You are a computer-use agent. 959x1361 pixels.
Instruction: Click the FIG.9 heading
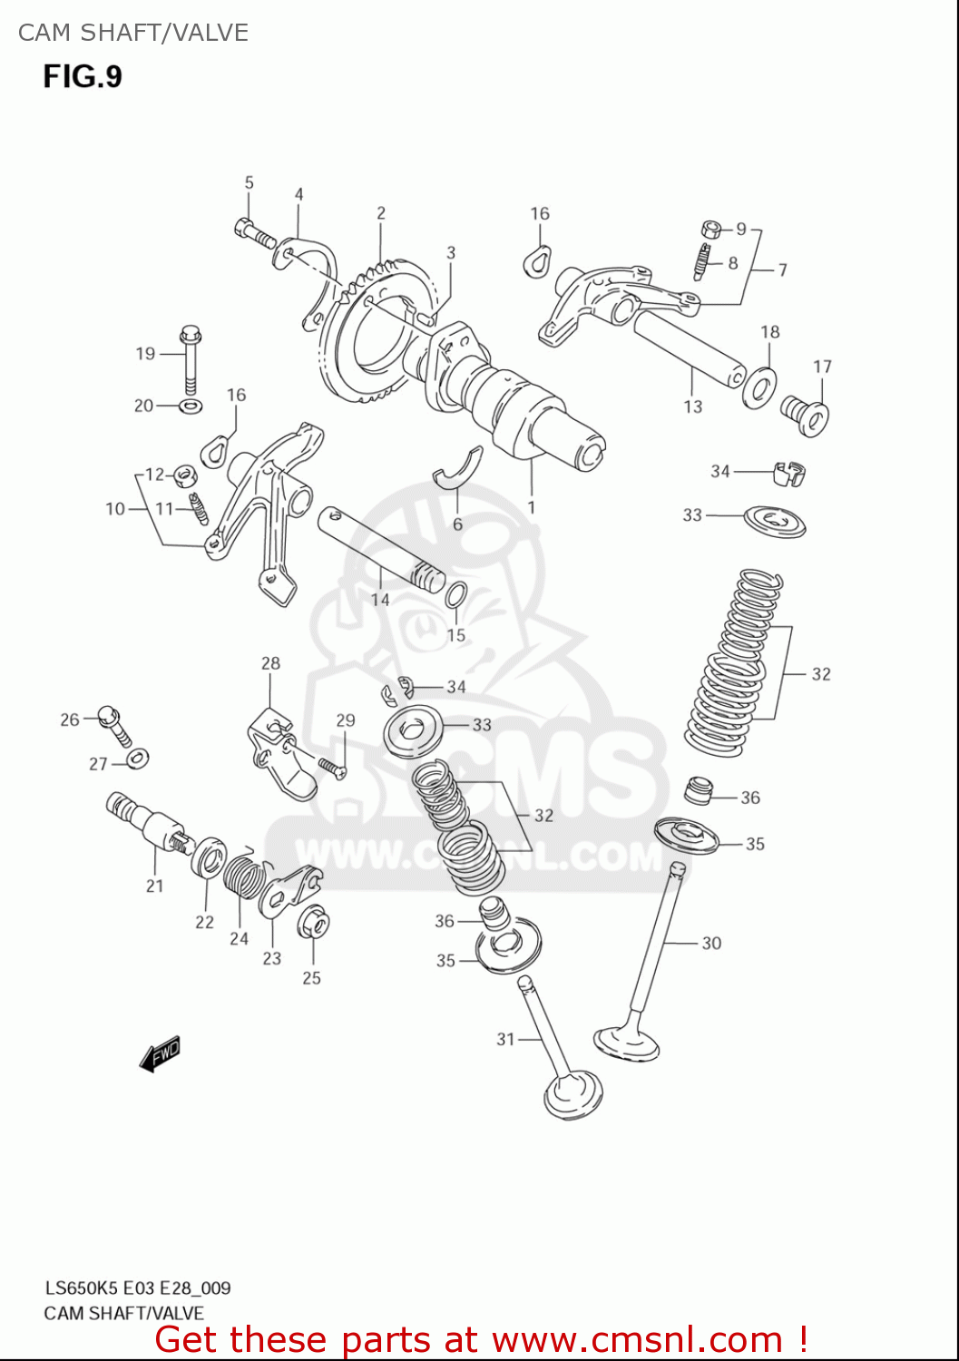pos(83,76)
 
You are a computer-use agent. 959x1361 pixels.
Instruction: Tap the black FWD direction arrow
pos(161,1054)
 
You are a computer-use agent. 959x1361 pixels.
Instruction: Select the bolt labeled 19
pos(190,358)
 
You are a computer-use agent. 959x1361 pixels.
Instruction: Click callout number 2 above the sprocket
pos(381,213)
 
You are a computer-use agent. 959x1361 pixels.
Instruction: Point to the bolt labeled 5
pos(254,232)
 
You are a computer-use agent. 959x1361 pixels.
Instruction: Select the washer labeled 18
pos(759,385)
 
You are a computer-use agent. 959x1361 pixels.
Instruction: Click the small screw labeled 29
pos(331,767)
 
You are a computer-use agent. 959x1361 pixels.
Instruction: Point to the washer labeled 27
pos(138,758)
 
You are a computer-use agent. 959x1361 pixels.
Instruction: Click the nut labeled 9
pos(711,229)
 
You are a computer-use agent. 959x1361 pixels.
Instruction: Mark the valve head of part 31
pos(572,1095)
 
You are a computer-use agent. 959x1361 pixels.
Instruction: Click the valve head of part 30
pos(626,1042)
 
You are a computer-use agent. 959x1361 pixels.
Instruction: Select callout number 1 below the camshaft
pos(531,508)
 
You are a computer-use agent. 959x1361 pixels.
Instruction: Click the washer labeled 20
pos(191,405)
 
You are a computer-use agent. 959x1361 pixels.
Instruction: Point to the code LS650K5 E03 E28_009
pos(138,1288)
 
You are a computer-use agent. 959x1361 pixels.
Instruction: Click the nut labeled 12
pos(185,475)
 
